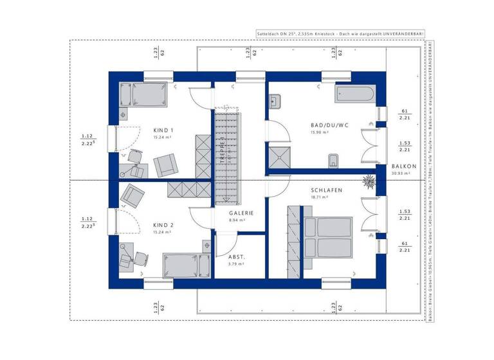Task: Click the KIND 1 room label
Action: pos(163,130)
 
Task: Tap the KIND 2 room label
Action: pos(163,225)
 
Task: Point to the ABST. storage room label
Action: pos(237,255)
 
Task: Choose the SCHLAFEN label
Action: pos(326,191)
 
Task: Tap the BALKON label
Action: pos(404,166)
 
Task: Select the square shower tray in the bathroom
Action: pos(280,155)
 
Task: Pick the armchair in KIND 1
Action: pos(165,165)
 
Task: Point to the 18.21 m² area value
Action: pos(320,199)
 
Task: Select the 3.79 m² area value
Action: pos(237,264)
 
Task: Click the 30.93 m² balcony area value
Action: pos(404,174)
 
